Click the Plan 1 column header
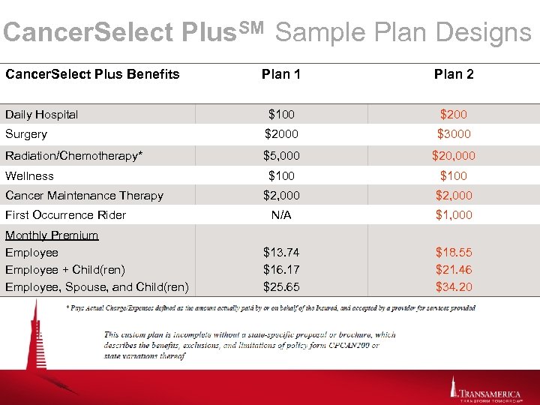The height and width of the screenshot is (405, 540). click(x=281, y=74)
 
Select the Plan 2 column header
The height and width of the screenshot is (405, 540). click(x=454, y=74)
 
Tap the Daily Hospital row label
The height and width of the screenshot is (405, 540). click(x=41, y=115)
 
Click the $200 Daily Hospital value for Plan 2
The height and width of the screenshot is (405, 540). click(x=453, y=115)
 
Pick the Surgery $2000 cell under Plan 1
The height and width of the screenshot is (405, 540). click(x=281, y=134)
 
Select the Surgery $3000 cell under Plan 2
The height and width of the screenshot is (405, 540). click(x=453, y=134)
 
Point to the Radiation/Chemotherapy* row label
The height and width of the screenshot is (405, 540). click(x=74, y=156)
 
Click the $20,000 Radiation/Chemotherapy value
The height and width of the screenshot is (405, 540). click(x=453, y=156)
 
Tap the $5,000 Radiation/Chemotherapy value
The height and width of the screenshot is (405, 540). click(x=281, y=156)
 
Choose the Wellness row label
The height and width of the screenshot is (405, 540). click(x=29, y=175)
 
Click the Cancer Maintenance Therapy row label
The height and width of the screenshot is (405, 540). click(x=84, y=195)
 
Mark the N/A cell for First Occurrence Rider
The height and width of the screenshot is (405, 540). click(x=281, y=214)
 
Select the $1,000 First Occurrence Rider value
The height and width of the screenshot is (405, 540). click(x=453, y=214)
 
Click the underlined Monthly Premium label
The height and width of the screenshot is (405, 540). click(x=52, y=235)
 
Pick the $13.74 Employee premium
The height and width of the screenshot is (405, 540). click(x=281, y=253)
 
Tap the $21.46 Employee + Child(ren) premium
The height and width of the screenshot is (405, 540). click(x=454, y=269)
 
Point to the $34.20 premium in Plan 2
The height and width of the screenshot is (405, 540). click(x=454, y=286)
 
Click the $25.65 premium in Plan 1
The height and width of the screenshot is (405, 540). click(x=281, y=286)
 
